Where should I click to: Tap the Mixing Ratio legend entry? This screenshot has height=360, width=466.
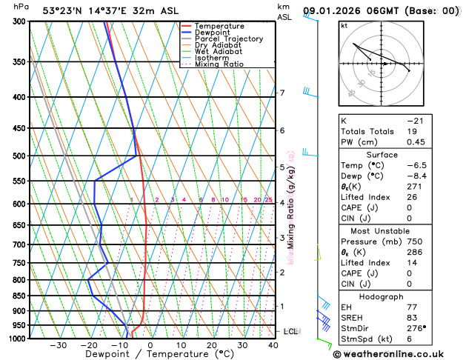218,64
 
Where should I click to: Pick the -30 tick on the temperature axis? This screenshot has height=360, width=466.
58,345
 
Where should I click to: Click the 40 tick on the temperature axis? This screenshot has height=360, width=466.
273,345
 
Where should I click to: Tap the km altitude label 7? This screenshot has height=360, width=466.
282,93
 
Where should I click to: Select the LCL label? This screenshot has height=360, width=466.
290,331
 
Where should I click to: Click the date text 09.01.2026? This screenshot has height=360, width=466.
338,10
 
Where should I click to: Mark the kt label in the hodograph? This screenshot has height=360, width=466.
344,25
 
